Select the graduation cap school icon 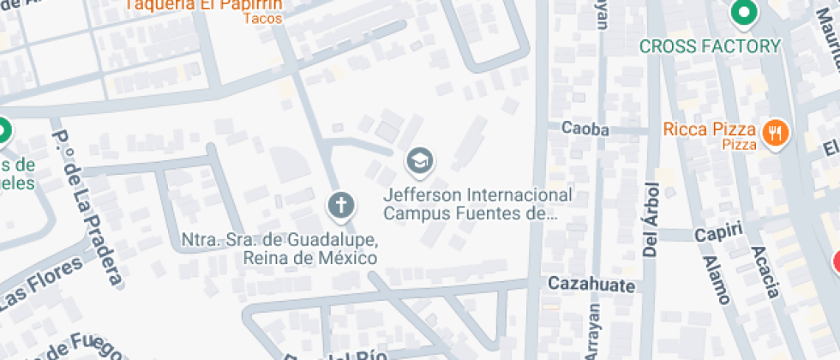click(419, 160)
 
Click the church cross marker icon click(340, 207)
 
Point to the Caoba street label click(585, 129)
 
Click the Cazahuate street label click(591, 285)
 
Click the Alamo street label click(714, 279)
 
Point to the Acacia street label click(764, 271)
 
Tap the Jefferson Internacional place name click(477, 195)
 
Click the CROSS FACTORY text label click(711, 46)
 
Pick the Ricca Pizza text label click(709, 129)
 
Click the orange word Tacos click(262, 18)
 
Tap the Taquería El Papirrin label click(204, 4)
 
